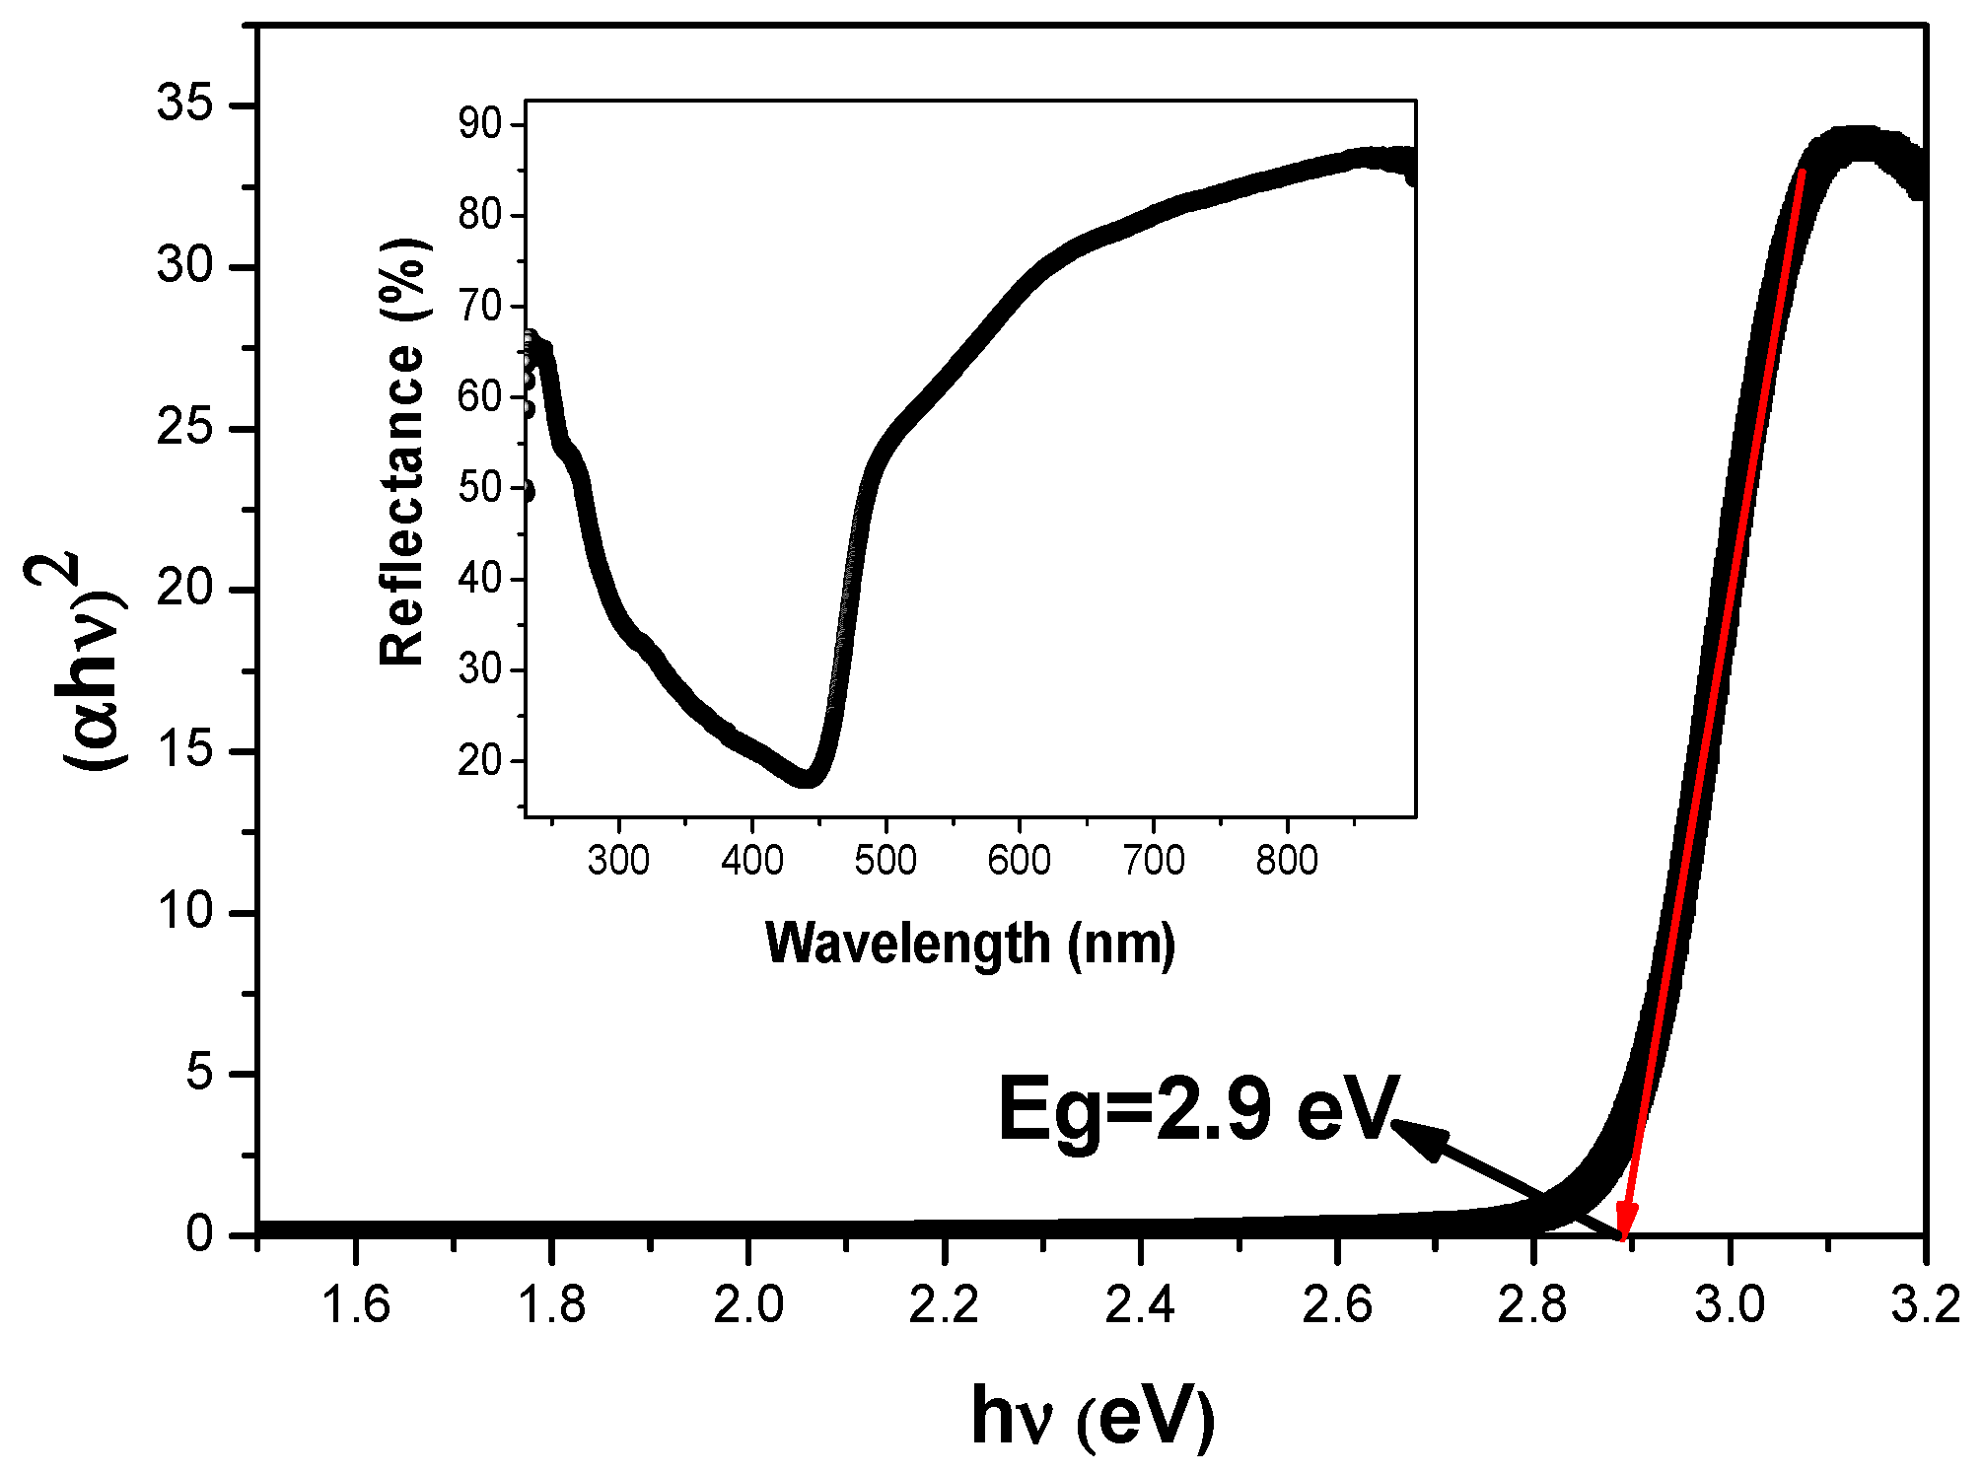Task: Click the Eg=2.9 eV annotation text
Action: coord(1198,1109)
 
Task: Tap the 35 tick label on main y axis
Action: coord(184,104)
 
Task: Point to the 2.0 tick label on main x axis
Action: coord(748,1305)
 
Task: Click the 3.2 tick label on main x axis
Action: coord(1925,1305)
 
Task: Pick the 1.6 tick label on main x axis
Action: coord(356,1305)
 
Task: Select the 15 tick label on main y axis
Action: coord(184,750)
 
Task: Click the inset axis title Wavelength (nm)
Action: coord(970,944)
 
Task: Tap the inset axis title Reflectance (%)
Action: coord(402,452)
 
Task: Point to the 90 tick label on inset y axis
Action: coord(480,124)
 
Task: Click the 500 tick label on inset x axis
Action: coord(885,861)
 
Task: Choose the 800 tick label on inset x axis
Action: coord(1286,861)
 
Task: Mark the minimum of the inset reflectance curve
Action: coord(807,779)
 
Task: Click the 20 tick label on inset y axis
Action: coord(480,761)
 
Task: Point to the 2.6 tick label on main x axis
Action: coord(1336,1305)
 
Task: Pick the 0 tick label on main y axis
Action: coord(199,1233)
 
